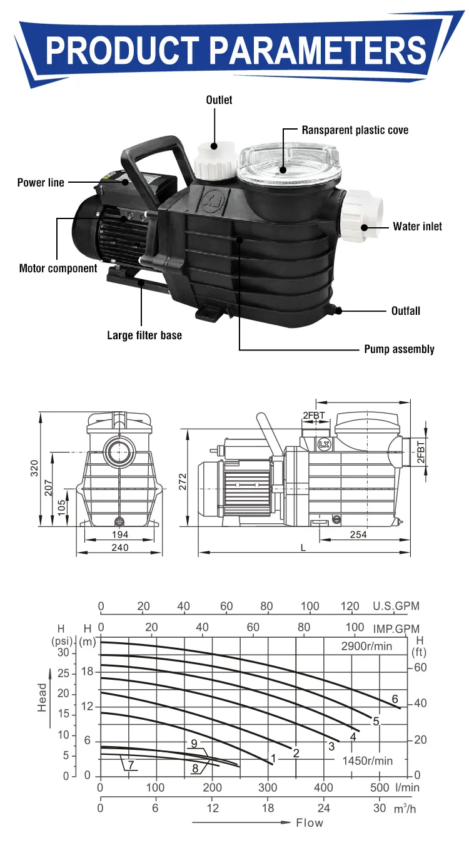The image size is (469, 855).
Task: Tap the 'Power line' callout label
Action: tap(41, 183)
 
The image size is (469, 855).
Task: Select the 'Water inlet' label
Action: tap(417, 226)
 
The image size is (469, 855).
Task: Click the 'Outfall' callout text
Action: tap(405, 310)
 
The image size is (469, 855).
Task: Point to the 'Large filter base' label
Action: tap(144, 335)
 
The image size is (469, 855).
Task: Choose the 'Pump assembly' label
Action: tap(399, 349)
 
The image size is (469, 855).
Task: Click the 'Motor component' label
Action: tap(58, 269)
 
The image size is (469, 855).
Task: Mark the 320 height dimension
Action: tap(34, 467)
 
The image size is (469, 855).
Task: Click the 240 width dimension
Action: tap(119, 548)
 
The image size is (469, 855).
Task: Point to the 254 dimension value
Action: tap(358, 535)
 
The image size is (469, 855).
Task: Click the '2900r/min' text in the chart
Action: tap(366, 646)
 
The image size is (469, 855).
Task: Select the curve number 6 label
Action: tap(395, 699)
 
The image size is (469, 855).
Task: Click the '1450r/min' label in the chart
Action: tap(367, 760)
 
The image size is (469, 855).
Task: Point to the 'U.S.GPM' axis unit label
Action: tap(396, 606)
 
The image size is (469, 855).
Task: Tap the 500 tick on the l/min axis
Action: tap(379, 787)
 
